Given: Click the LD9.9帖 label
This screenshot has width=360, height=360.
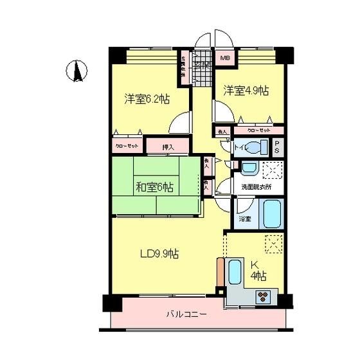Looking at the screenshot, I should coord(159,253).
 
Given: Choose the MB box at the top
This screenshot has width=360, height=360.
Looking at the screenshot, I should coord(224,59).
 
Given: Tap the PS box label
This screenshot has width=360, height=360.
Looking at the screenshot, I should coord(276,147).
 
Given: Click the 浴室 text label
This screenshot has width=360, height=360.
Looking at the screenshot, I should coord(244,219).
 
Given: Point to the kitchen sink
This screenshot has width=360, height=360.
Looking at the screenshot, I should coord(235,273).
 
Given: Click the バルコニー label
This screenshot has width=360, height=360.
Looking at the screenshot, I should coord(186,315).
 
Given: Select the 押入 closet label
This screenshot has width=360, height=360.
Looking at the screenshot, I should coord(167,147).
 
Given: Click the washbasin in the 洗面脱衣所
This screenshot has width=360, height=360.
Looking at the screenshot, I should coord(249,168).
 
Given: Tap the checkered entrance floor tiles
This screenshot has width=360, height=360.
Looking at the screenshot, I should coord(203,76).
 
